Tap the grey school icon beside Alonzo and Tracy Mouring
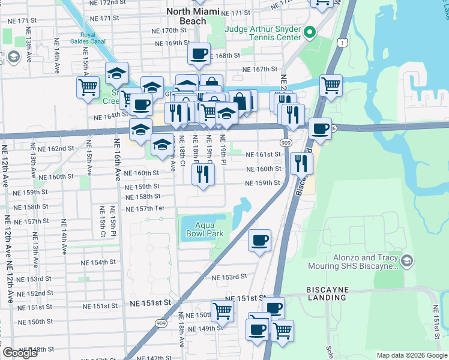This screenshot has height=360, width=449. click(407, 260)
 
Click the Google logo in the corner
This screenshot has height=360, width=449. click(20, 353)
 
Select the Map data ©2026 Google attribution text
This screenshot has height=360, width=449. click(411, 355)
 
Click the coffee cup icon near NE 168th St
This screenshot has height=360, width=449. click(199, 54)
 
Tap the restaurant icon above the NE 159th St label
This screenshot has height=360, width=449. click(203, 174)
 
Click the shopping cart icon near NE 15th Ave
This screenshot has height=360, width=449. click(88, 88)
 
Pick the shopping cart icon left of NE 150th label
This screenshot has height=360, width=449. click(222, 310)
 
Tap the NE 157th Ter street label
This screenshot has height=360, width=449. click(145, 208)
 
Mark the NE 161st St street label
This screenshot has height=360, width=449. click(263, 154)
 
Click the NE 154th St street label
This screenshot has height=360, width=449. click(98, 263)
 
